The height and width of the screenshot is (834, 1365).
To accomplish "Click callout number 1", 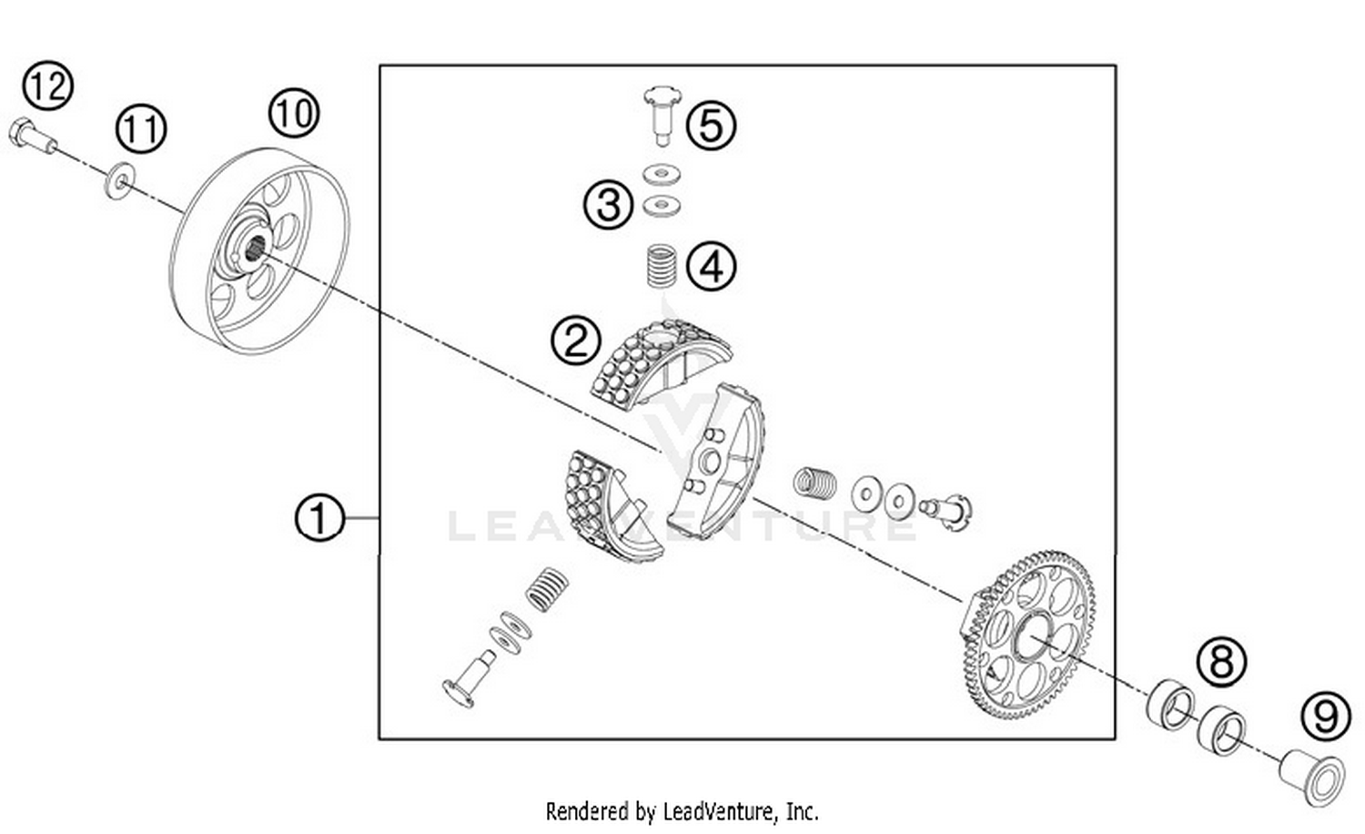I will [x=319, y=519].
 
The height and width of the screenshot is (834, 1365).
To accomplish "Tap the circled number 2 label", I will [x=575, y=341].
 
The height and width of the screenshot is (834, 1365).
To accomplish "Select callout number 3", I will [x=608, y=204].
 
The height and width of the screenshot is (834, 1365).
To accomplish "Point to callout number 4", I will [x=712, y=268].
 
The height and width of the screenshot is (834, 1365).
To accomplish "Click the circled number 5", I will [x=712, y=126].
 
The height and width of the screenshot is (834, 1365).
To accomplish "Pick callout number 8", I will [x=1221, y=662].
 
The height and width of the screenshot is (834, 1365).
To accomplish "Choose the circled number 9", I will [x=1325, y=717].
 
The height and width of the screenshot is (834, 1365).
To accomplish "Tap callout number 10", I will [x=293, y=114].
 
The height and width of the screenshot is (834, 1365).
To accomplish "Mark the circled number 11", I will [x=141, y=128].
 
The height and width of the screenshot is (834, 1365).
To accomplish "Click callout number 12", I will [x=47, y=86].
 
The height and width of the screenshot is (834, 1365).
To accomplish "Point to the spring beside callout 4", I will [x=661, y=266].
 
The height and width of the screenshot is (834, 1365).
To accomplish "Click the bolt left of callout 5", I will [x=662, y=114].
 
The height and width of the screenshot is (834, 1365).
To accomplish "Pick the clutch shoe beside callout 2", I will [x=657, y=359].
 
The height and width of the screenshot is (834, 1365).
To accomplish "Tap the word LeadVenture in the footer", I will [x=719, y=810].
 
